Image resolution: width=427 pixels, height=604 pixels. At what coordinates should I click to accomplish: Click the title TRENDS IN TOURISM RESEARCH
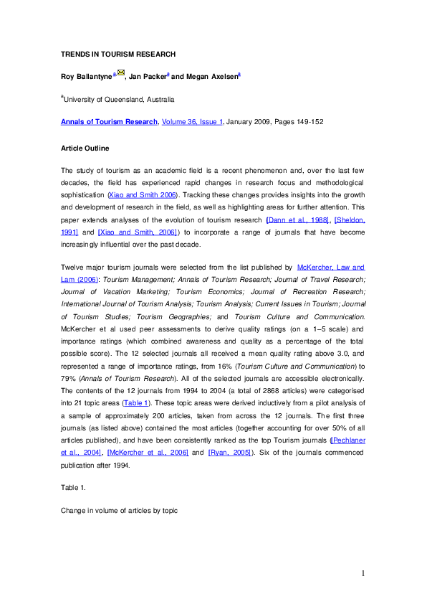118,54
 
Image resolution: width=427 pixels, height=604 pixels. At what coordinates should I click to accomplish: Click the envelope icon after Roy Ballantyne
120,74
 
